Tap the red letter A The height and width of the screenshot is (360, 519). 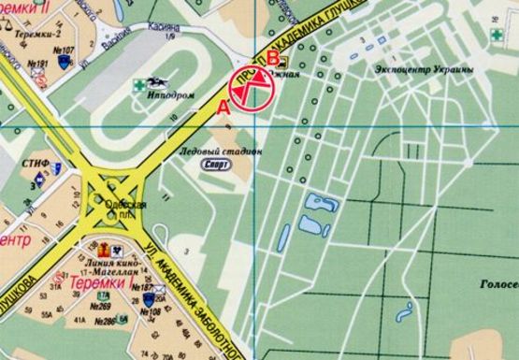[222, 108]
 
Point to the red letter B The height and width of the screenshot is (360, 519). [272, 57]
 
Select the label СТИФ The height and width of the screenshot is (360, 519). [35, 164]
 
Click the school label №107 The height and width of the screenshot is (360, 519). [65, 50]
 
